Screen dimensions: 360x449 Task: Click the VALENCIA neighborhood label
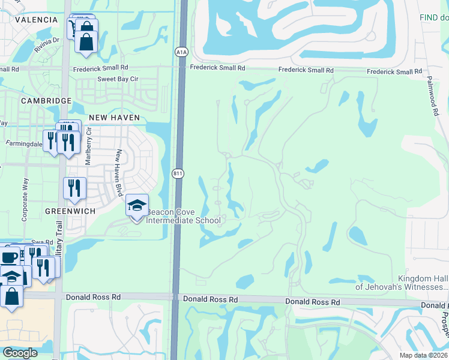coord(37,20)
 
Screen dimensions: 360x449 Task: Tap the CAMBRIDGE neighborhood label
coord(46,101)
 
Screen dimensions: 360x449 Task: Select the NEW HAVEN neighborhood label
coord(114,118)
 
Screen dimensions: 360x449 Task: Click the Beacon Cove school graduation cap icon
coord(137,205)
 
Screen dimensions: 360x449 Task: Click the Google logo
coord(20,353)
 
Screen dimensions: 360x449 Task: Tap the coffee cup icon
coord(10,257)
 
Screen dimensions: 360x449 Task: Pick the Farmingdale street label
coord(24,144)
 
